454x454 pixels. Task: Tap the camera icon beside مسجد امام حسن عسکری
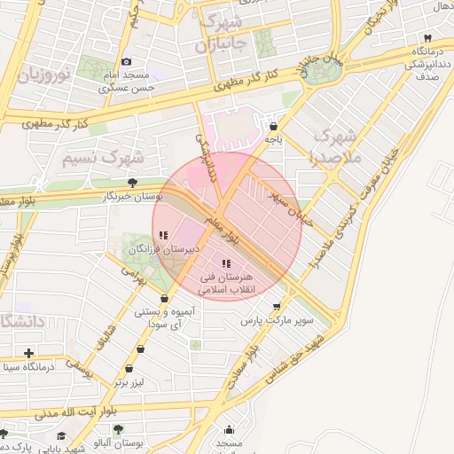(x=127, y=61)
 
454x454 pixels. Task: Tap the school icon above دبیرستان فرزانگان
(x=162, y=236)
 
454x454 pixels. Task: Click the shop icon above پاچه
(x=272, y=127)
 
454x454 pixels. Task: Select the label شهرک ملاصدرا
(x=334, y=147)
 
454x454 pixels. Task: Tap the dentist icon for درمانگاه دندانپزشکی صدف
(x=427, y=38)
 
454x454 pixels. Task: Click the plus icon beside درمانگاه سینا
(x=29, y=353)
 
